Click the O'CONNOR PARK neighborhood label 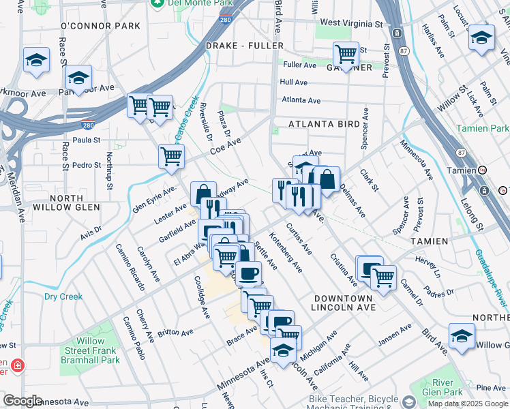pyautogui.click(x=100, y=26)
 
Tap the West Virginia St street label pyautogui.click(x=351, y=22)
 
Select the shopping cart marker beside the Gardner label pyautogui.click(x=346, y=53)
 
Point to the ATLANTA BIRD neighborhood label pyautogui.click(x=324, y=124)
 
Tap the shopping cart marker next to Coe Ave pyautogui.click(x=171, y=156)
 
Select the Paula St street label pyautogui.click(x=87, y=140)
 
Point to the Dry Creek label pyautogui.click(x=63, y=297)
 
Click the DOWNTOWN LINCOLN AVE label pyautogui.click(x=343, y=303)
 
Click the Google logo pyautogui.click(x=22, y=400)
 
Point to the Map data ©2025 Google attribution pyautogui.click(x=468, y=404)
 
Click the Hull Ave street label pyautogui.click(x=294, y=82)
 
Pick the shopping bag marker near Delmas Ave pyautogui.click(x=327, y=179)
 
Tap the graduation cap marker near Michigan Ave pyautogui.click(x=282, y=350)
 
